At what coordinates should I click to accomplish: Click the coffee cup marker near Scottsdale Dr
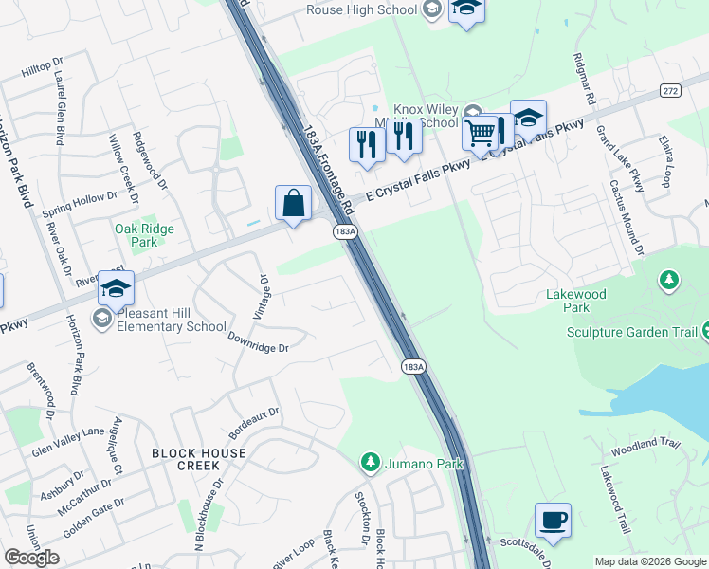click(553, 520)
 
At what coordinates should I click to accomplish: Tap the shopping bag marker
click(293, 202)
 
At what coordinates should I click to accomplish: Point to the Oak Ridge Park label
click(136, 235)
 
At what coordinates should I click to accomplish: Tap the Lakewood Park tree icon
click(669, 279)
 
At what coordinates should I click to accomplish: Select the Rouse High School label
click(361, 9)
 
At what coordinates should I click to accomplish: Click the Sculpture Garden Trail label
click(631, 332)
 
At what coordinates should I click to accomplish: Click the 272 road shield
click(671, 89)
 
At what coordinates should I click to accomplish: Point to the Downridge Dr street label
click(257, 341)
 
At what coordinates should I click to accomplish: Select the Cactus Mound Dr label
click(627, 218)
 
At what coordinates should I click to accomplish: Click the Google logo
click(31, 558)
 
